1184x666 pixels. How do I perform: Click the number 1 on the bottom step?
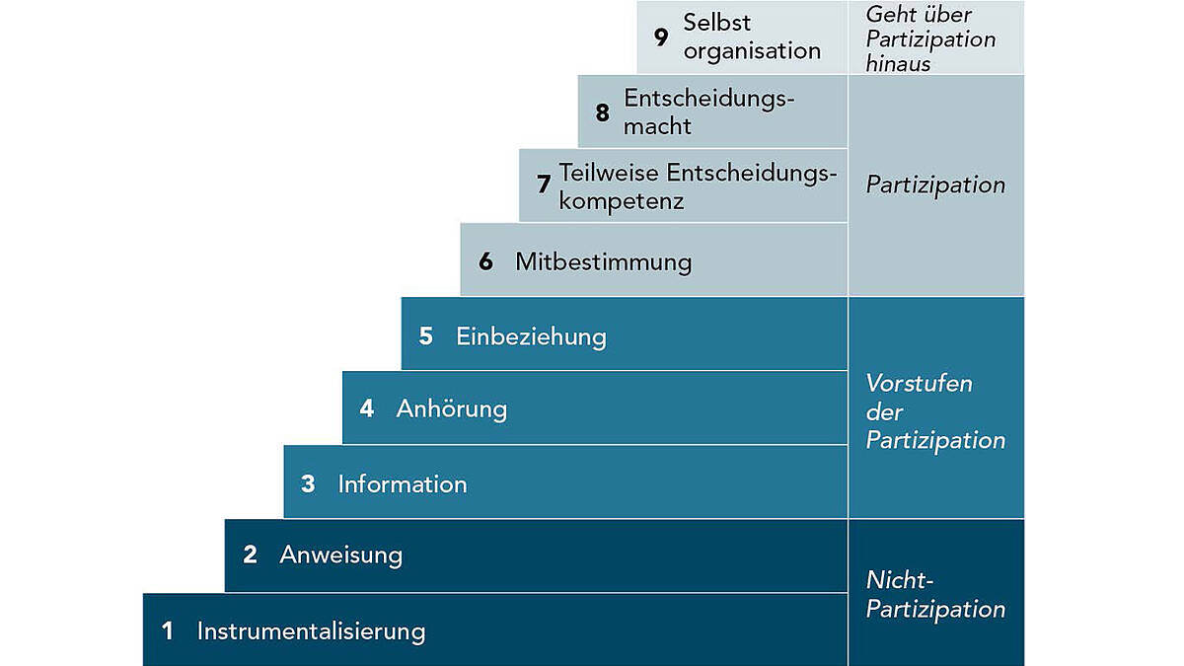168,631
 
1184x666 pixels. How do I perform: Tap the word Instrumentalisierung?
312,631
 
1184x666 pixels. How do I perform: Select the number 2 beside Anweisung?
250,555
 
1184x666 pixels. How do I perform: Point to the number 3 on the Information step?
308,484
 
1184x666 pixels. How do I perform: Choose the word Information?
403,484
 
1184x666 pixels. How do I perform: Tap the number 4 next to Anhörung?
367,408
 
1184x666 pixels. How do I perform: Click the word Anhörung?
452,409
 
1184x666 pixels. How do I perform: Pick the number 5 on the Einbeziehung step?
426,336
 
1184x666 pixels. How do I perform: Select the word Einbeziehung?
531,337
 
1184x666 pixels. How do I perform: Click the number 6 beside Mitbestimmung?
485,261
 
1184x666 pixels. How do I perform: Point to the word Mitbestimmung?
604,262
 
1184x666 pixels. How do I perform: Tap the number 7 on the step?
544,184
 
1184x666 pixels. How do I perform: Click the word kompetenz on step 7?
622,201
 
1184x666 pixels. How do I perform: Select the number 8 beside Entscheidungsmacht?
603,112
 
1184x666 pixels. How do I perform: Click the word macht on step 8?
657,126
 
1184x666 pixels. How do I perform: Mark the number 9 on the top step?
661,37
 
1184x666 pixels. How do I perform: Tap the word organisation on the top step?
753,51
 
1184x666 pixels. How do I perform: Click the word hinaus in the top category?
898,64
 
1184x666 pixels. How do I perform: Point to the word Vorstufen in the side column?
920,384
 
